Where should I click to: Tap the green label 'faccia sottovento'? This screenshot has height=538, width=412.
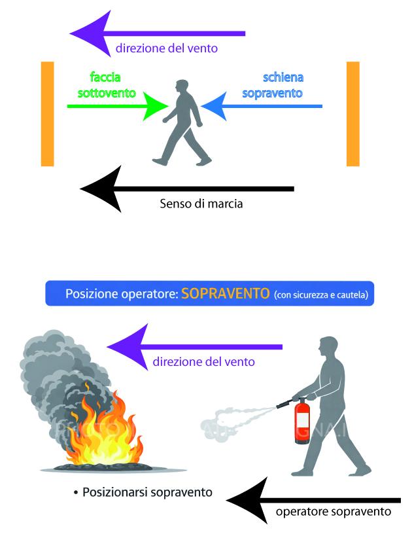coord(107,85)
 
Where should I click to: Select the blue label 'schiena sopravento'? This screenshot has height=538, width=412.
coord(273,85)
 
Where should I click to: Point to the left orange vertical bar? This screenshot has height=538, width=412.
coord(47,114)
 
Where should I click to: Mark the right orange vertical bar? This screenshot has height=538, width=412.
coord(353,114)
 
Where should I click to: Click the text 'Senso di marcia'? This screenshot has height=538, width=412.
coord(201,204)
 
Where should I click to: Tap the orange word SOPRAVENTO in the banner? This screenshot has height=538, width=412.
coord(226,294)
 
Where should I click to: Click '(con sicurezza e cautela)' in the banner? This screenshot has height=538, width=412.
coord(321,295)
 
